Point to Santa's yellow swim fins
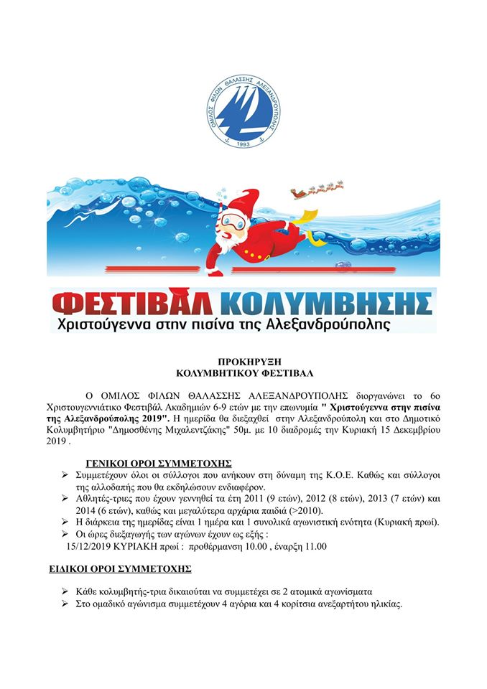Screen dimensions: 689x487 tap(307, 215)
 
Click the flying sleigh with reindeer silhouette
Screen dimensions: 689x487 tap(316, 190)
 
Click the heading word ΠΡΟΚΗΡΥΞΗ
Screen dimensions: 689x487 tap(243, 364)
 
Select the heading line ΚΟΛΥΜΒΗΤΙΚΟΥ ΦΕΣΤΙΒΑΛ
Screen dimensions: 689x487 tap(243, 374)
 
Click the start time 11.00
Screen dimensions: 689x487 tap(314, 546)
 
